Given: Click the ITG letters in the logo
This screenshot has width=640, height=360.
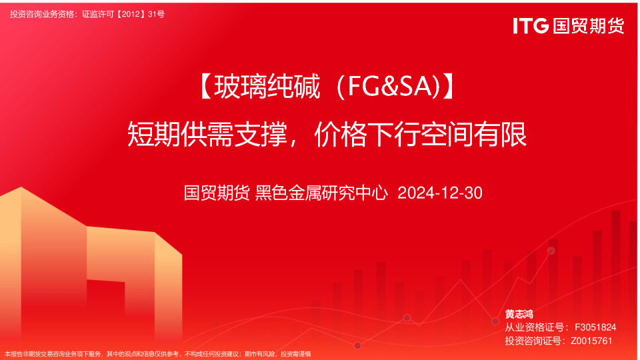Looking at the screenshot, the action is (x=531, y=26).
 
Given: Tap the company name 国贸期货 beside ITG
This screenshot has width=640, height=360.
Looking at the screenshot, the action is (x=589, y=26).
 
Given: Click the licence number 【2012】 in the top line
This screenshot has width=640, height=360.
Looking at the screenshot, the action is (x=131, y=14).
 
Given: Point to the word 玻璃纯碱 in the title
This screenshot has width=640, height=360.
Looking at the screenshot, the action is (x=267, y=87).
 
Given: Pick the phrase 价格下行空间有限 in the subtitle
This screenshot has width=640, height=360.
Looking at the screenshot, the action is (x=421, y=134).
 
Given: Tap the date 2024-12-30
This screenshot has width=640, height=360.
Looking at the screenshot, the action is (x=440, y=193).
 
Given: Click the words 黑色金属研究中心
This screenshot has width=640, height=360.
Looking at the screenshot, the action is (x=321, y=193).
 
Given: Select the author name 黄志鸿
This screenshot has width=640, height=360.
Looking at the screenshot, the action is (x=519, y=314).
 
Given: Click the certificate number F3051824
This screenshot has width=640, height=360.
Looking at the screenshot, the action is (x=595, y=327).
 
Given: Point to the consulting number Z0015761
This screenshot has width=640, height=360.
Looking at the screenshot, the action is (x=591, y=341).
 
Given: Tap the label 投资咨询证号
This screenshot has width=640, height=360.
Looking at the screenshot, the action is (x=532, y=341).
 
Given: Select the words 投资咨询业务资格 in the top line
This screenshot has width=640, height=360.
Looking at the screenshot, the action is (x=42, y=14).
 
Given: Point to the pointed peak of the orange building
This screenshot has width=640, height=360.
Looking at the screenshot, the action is (x=21, y=187).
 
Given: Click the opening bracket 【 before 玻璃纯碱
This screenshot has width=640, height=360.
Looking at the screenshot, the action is (x=206, y=87).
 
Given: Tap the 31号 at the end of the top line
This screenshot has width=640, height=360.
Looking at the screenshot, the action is (x=156, y=14).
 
